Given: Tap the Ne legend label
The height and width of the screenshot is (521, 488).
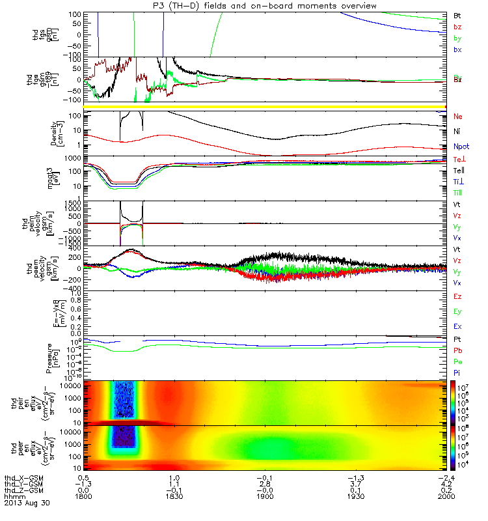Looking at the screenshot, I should pyautogui.click(x=458, y=116).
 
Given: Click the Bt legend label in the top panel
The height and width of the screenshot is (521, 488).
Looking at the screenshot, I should pyautogui.click(x=457, y=14).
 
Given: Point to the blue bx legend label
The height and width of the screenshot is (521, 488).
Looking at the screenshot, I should pyautogui.click(x=457, y=49).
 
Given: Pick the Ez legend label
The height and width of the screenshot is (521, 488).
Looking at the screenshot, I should pyautogui.click(x=458, y=296).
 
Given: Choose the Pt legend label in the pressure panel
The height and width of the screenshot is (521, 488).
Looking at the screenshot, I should pyautogui.click(x=458, y=340).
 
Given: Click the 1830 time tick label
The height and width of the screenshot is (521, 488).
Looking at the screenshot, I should pyautogui.click(x=174, y=496).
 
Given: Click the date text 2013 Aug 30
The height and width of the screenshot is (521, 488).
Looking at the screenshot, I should pyautogui.click(x=27, y=503).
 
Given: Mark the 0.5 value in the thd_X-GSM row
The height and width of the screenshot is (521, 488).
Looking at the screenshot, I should pyautogui.click(x=89, y=478).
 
